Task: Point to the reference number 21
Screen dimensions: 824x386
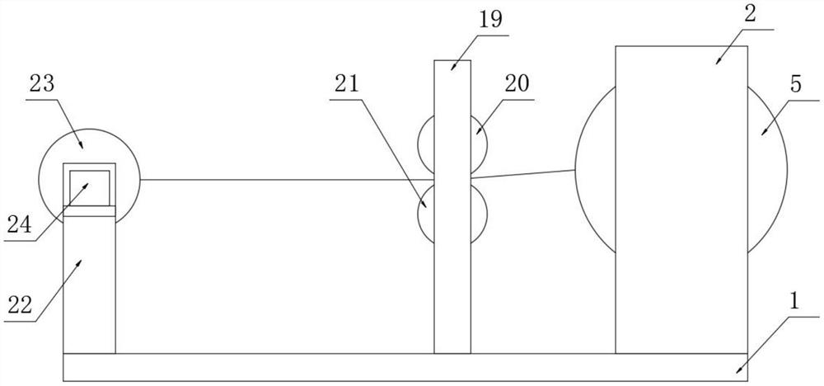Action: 346,84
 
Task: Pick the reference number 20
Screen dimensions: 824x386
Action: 517,84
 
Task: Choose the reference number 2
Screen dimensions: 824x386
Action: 751,14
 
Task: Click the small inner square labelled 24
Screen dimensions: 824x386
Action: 89,186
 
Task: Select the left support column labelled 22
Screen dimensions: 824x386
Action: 89,285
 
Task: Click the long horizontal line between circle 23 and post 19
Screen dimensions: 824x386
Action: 288,179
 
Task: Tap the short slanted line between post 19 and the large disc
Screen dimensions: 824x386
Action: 523,173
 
